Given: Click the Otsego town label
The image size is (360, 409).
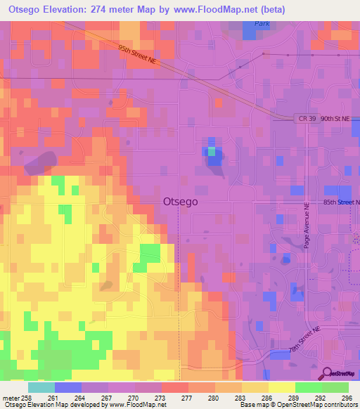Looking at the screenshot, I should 180,201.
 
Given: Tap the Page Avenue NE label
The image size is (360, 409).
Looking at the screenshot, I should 307,226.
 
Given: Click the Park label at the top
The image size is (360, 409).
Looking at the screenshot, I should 262,23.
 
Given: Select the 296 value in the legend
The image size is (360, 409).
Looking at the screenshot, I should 347,397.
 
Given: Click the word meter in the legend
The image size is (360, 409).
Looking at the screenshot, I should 11,397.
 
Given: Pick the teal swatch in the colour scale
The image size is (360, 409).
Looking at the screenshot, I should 41,387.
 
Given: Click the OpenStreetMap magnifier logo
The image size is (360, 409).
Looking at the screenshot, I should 327,373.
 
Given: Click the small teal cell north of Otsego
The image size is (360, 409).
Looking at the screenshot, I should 211,151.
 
